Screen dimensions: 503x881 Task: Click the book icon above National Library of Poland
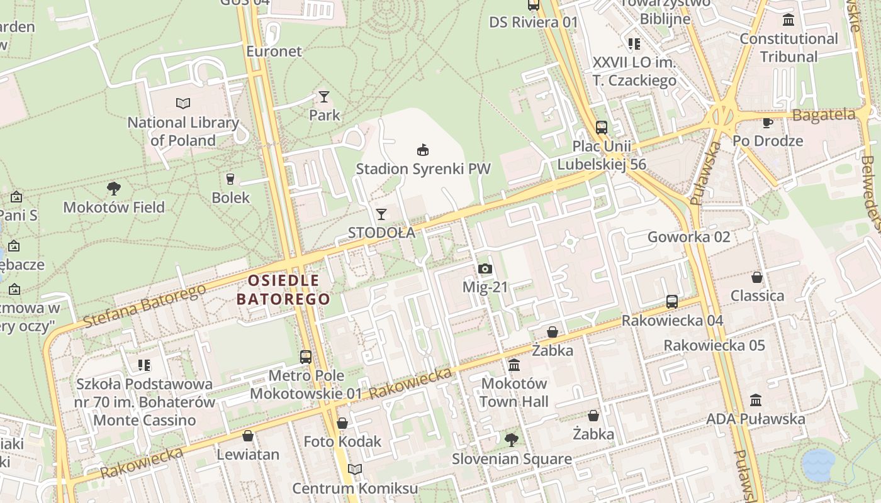pos(183,103)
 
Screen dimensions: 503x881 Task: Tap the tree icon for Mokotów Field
pos(114,188)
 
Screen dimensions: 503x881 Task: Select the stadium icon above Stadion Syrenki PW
pos(423,150)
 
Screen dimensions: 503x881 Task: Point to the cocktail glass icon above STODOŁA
pos(381,214)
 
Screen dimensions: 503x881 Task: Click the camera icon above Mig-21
pos(485,269)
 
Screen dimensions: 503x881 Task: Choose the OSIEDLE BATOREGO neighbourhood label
pos(283,289)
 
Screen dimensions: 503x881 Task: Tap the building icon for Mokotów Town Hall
pos(514,365)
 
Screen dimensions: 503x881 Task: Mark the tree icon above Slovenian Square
pos(512,440)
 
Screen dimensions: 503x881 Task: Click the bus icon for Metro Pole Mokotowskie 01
pos(306,357)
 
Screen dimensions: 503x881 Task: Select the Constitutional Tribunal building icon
pos(788,20)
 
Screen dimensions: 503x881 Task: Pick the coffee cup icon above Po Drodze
pos(767,122)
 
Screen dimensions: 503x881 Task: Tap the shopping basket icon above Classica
pos(757,277)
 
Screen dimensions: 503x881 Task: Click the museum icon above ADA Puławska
pos(756,400)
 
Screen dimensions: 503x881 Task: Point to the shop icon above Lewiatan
pos(248,436)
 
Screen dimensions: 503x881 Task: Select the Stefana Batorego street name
pos(144,306)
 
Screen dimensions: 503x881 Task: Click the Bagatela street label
pos(824,115)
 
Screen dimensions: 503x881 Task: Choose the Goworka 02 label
pos(689,237)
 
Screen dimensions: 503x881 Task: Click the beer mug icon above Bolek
pos(230,179)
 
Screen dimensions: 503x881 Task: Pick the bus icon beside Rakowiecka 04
pos(672,302)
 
